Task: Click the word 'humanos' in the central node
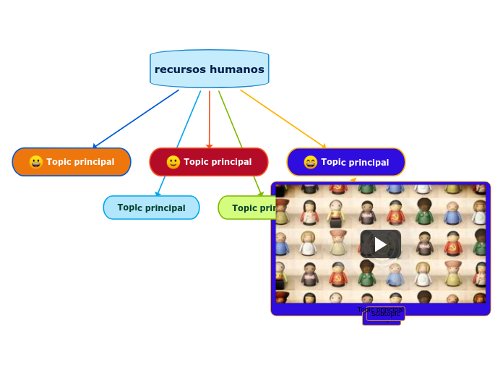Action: pos(238,69)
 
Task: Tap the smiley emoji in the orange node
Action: pos(36,162)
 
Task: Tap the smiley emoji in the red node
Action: pos(173,162)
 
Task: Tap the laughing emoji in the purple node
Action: pos(311,162)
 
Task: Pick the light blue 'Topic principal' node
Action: pos(151,208)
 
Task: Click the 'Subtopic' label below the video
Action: pos(385,314)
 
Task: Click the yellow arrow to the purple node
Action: pos(282,118)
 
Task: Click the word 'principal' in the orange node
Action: pos(93,162)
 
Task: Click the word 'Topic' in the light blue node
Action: pos(130,208)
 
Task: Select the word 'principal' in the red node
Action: pos(230,162)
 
